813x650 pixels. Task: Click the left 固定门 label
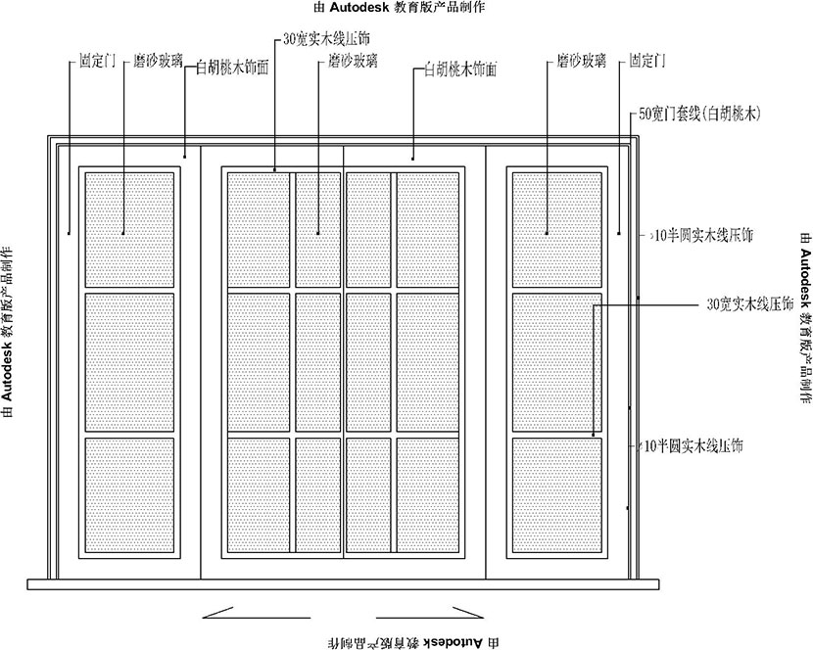click(98, 61)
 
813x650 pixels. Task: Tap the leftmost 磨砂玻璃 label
click(158, 61)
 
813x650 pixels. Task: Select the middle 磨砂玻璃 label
click(353, 61)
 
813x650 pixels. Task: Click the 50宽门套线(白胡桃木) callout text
click(699, 114)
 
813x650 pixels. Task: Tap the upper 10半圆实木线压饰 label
click(703, 235)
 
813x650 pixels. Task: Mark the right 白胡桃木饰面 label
click(460, 70)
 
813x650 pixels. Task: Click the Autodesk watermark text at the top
click(406, 7)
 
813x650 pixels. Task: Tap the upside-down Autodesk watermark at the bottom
click(406, 642)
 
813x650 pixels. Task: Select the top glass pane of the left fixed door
click(129, 229)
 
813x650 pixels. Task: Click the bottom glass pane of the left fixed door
click(129, 496)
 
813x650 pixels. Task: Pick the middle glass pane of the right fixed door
click(556, 362)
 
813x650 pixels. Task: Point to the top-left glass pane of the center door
click(258, 229)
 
